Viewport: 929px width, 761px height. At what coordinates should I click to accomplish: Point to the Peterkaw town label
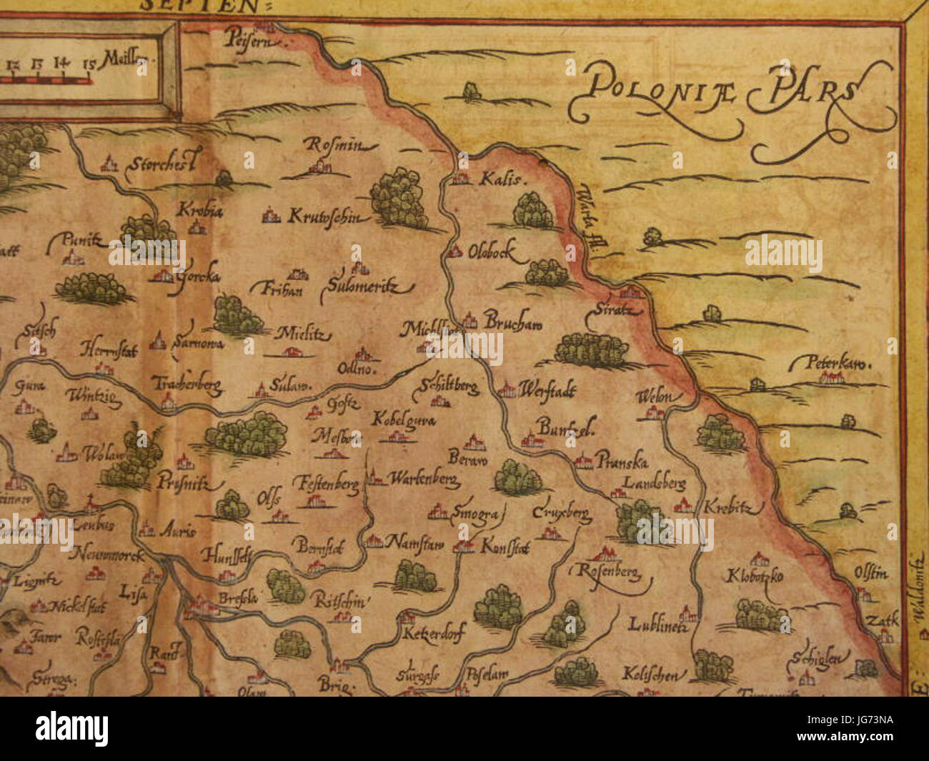click(x=830, y=363)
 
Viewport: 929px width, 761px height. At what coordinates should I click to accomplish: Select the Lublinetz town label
click(x=657, y=625)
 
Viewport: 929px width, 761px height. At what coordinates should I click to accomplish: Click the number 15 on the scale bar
click(x=89, y=64)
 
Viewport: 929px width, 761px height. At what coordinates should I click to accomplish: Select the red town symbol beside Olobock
click(x=455, y=252)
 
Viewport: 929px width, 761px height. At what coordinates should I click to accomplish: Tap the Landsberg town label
click(x=654, y=484)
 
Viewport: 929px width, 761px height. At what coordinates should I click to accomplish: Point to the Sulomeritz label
click(x=366, y=287)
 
